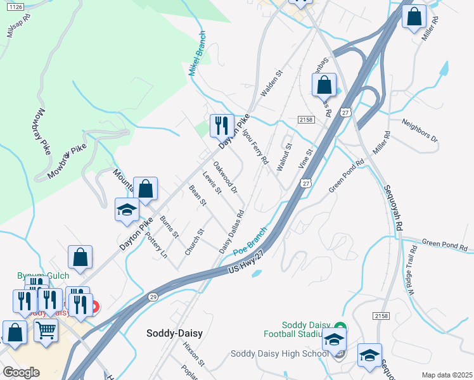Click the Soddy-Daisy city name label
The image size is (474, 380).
(174, 332)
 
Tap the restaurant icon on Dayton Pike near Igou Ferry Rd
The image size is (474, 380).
(222, 125)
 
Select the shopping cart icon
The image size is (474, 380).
(46, 329)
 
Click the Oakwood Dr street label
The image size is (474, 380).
(225, 177)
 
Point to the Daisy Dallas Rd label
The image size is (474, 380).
(232, 232)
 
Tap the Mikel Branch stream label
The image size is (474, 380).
(198, 54)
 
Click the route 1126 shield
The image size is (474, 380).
(16, 6)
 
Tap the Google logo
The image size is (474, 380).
(21, 372)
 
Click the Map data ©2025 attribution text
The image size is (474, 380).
(447, 375)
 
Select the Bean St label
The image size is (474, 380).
(198, 196)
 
